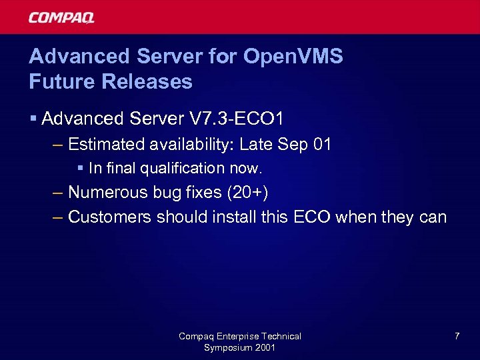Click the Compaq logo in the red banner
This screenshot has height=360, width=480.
[61, 17]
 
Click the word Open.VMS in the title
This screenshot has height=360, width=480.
[293, 56]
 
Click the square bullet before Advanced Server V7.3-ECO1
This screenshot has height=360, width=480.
[33, 119]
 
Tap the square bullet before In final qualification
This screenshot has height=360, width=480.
[81, 168]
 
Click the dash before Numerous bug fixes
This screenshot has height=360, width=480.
[59, 193]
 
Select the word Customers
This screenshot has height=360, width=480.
[111, 217]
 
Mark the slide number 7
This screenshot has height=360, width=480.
[457, 336]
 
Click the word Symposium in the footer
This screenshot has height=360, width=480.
[227, 348]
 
